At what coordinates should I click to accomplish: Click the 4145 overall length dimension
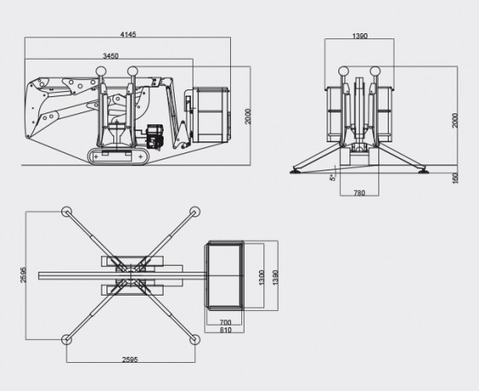coord(128,34)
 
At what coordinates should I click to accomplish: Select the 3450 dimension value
coord(110,56)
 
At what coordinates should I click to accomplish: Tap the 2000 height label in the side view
coord(248,117)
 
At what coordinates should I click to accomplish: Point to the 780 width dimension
coord(360,193)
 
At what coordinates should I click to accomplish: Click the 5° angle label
coord(332,176)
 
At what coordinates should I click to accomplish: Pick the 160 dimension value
coord(455,178)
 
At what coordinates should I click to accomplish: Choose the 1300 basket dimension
coord(262,278)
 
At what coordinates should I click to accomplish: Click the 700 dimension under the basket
coord(226,322)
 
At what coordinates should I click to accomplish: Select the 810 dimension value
coord(226,330)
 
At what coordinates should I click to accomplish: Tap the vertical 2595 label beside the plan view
coord(23,274)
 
